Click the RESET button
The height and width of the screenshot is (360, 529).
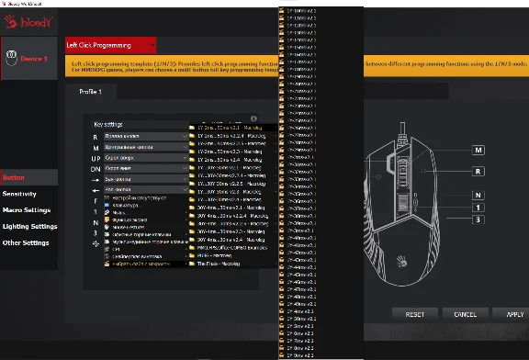[415, 314]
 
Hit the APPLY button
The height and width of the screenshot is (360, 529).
[513, 314]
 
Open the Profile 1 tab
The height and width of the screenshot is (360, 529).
[88, 92]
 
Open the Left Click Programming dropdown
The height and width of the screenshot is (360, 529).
[110, 44]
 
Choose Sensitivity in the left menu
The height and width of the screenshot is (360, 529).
[19, 194]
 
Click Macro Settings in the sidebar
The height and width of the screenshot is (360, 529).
[26, 210]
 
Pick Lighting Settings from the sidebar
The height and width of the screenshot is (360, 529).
[29, 226]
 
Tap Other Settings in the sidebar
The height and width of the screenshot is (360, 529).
[25, 242]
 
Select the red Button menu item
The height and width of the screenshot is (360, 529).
[14, 177]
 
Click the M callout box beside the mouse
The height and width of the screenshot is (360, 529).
[478, 150]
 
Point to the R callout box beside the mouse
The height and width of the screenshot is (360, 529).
[478, 171]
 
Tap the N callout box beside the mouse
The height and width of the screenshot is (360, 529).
[478, 195]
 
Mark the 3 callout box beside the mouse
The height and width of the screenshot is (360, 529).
[478, 219]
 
